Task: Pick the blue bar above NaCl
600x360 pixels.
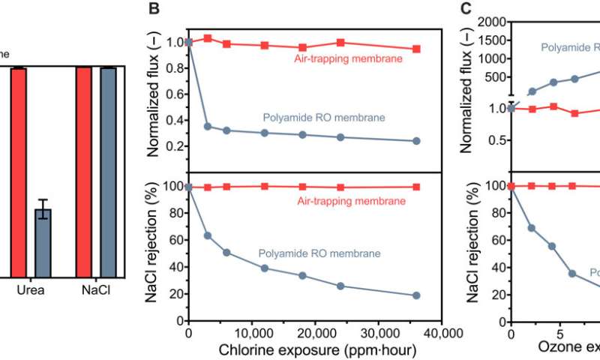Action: click(108, 172)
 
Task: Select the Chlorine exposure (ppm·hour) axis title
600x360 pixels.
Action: click(316, 350)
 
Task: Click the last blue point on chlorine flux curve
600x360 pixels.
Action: click(417, 141)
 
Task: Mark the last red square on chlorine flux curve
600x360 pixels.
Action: click(417, 49)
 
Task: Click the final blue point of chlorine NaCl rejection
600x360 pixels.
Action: click(417, 295)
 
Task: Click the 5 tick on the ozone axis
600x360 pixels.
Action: click(553, 334)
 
